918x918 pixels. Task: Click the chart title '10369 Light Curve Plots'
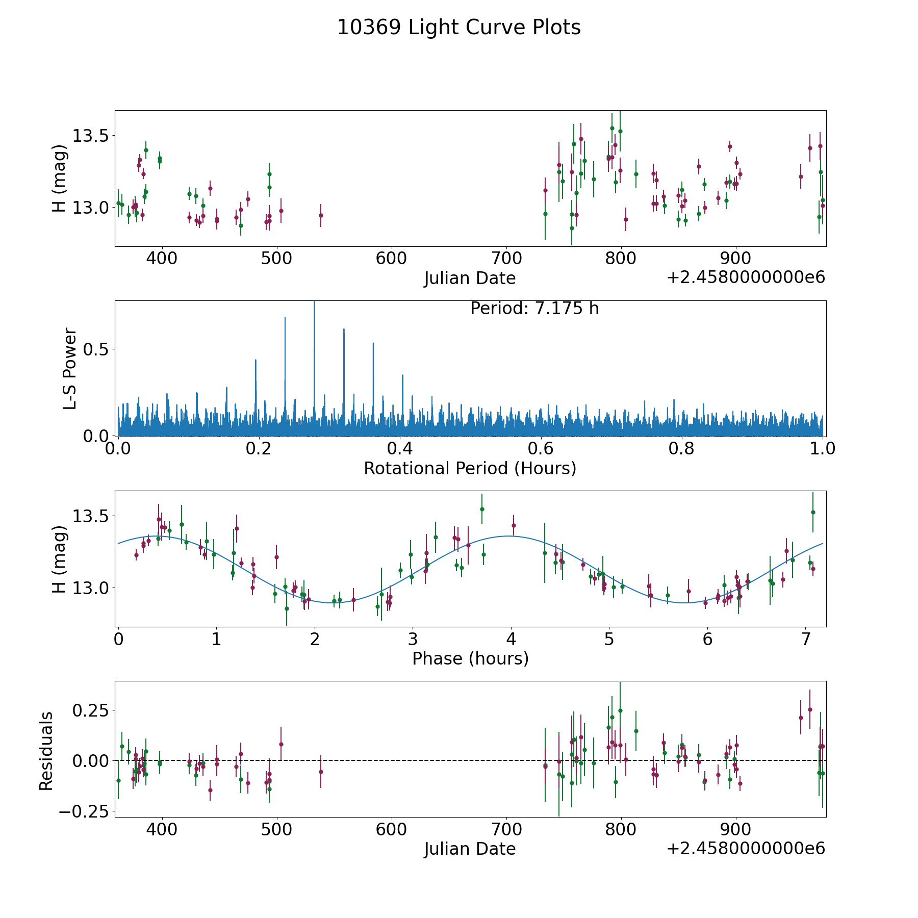458,28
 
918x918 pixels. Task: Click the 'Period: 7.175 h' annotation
534,309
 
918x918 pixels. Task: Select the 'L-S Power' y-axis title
70,368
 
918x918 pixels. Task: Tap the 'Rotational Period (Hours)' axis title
470,468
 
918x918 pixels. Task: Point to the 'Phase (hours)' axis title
470,658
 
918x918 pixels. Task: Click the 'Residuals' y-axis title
46,751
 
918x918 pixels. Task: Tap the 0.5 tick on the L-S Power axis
96,349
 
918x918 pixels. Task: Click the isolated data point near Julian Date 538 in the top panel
321,215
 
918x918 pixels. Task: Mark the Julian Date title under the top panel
470,278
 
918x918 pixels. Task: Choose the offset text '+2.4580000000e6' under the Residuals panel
746,848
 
